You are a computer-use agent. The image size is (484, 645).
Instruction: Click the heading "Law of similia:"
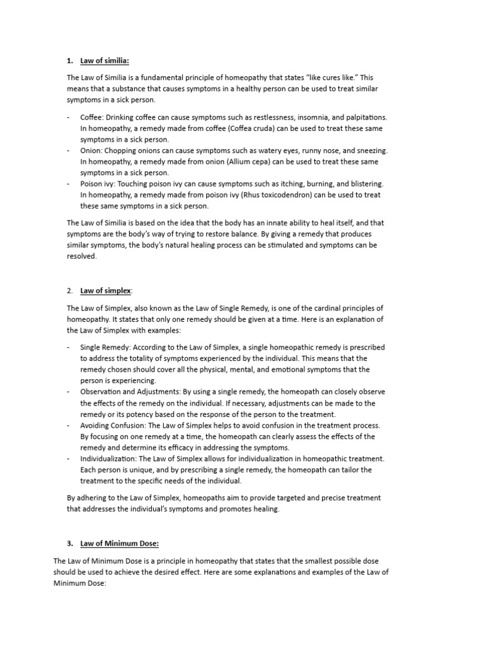pyautogui.click(x=104, y=61)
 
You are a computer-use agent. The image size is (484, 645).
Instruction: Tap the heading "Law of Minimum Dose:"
pyautogui.click(x=119, y=543)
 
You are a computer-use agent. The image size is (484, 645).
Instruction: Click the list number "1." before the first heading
pyautogui.click(x=70, y=61)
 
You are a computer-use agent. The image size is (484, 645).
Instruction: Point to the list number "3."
pyautogui.click(x=70, y=543)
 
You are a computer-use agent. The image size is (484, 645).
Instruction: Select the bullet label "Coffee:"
pyautogui.click(x=92, y=117)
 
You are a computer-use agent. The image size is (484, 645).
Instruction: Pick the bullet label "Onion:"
pyautogui.click(x=91, y=151)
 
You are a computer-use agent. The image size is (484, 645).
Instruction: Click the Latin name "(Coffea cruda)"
pyautogui.click(x=220, y=128)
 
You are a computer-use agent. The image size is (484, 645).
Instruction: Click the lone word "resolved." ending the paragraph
pyautogui.click(x=82, y=256)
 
